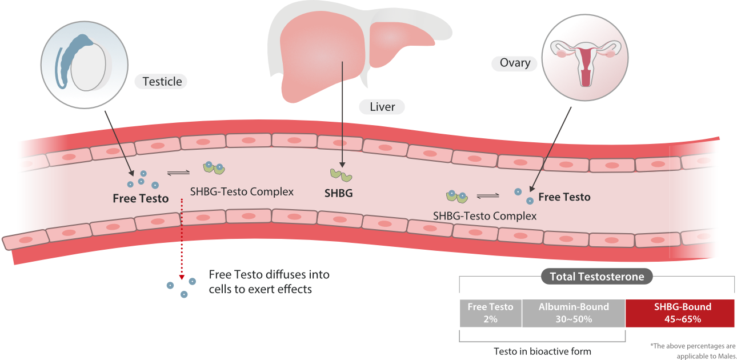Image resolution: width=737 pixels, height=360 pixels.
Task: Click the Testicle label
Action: [x=162, y=81]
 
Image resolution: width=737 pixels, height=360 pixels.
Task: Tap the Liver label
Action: [x=382, y=107]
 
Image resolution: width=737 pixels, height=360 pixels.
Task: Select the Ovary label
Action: [x=515, y=63]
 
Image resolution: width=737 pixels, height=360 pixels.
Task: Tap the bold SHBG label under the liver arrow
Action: [x=338, y=193]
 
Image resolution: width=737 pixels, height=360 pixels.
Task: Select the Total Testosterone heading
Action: [x=596, y=277]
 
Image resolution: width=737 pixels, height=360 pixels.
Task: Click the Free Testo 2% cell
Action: [x=490, y=313]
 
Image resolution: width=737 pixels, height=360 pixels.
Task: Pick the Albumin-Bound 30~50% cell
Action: [x=574, y=313]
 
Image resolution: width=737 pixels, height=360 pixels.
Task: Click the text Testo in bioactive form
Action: [x=542, y=351]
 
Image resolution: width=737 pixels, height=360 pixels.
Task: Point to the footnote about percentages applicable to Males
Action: [x=692, y=350]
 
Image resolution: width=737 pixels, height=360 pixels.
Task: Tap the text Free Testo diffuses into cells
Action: [x=269, y=282]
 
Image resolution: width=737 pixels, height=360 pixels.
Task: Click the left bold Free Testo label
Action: [x=141, y=199]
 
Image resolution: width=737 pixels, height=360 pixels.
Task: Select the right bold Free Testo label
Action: [x=564, y=197]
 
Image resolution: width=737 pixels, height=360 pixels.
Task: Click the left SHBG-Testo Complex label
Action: [x=242, y=191]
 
